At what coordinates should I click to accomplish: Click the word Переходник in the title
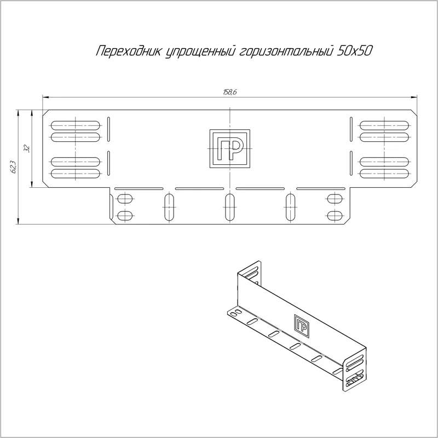pyautogui.click(x=129, y=51)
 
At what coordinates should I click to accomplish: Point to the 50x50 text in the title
pyautogui.click(x=355, y=51)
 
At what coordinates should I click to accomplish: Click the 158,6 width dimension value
pyautogui.click(x=230, y=92)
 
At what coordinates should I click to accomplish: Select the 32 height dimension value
pyautogui.click(x=27, y=148)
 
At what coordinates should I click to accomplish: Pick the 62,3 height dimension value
pyautogui.click(x=13, y=167)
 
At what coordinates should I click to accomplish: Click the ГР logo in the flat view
pyautogui.click(x=229, y=148)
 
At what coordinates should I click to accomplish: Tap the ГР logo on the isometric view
pyautogui.click(x=302, y=326)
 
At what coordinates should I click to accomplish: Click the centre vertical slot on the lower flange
pyautogui.click(x=229, y=207)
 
